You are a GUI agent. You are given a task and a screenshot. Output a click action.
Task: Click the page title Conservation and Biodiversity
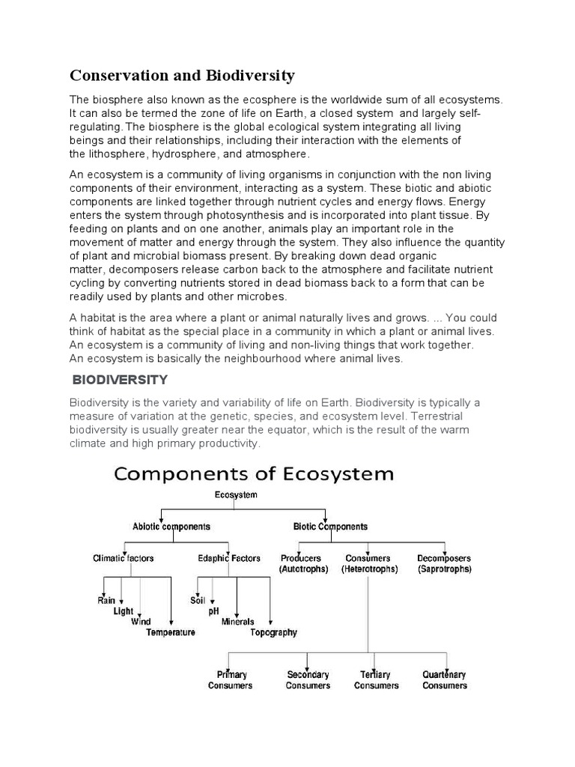(x=182, y=76)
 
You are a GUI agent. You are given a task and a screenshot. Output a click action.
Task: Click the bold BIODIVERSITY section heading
(x=124, y=380)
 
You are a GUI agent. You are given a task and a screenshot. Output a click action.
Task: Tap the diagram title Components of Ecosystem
(x=253, y=473)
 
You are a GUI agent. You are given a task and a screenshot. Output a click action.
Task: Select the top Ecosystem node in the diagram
(x=236, y=495)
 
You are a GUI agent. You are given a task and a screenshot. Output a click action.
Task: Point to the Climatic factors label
(x=124, y=558)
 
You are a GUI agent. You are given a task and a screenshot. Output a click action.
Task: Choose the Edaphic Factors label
(x=229, y=558)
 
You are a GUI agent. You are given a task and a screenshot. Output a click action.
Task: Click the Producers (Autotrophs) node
(x=300, y=563)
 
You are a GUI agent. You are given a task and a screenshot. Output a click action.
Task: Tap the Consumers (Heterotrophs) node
(x=368, y=563)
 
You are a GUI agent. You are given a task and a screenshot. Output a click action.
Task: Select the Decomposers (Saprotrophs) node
(x=445, y=563)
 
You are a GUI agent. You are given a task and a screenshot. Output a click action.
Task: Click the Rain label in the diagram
(x=106, y=601)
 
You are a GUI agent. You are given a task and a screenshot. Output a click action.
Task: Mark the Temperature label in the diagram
(x=171, y=632)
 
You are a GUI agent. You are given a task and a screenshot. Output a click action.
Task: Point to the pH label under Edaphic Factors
(x=213, y=611)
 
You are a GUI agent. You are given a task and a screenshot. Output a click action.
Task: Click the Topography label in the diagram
(x=273, y=632)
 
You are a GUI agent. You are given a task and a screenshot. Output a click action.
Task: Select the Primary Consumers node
(x=231, y=680)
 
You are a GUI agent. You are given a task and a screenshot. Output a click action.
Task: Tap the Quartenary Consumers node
(x=445, y=680)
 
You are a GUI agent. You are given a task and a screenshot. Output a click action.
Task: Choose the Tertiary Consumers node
(x=376, y=680)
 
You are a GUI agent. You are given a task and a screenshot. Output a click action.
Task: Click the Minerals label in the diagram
(x=237, y=622)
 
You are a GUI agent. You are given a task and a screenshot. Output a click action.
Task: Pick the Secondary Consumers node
(x=308, y=680)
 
